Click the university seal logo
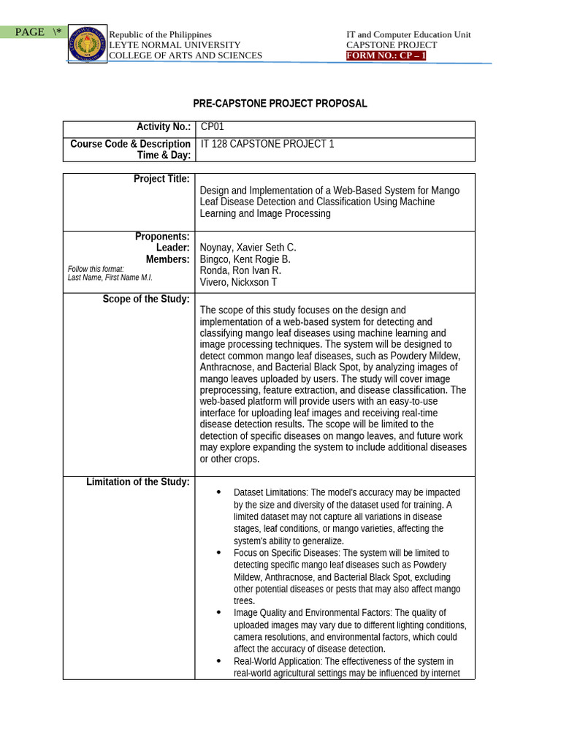88,43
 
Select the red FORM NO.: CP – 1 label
386,56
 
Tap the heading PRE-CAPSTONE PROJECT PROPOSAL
280,104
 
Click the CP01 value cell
212,126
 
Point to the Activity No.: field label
163,126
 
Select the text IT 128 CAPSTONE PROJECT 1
267,144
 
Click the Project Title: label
161,179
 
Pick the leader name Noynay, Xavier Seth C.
248,248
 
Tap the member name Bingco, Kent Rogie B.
245,259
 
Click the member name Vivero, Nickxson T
238,283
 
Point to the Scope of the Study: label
146,299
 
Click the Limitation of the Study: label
138,481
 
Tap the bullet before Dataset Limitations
218,492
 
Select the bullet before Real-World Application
218,660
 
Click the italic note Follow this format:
96,269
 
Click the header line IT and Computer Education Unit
408,34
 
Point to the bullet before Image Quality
218,613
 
